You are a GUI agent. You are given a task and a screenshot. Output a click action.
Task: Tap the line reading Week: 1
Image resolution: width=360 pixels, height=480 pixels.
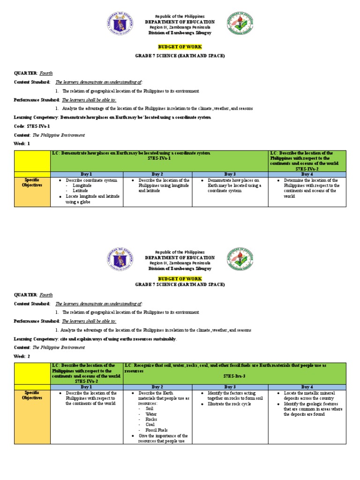[x=22, y=143]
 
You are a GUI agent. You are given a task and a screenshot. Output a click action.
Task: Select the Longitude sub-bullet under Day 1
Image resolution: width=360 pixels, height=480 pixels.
[x=82, y=186]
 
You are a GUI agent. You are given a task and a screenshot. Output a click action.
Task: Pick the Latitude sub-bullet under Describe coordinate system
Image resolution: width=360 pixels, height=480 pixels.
[x=81, y=191]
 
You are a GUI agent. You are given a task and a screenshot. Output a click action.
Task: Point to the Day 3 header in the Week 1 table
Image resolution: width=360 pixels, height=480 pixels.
[x=230, y=174]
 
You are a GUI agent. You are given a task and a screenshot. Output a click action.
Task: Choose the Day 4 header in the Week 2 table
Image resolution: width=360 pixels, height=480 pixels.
[x=307, y=387]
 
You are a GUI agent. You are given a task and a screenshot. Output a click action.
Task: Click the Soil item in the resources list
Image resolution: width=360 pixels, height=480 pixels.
[x=150, y=408]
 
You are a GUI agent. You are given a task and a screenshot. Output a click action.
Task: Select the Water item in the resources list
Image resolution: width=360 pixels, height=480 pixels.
[x=151, y=414]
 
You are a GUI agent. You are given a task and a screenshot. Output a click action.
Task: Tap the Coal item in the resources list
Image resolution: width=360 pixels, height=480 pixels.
[x=150, y=425]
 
